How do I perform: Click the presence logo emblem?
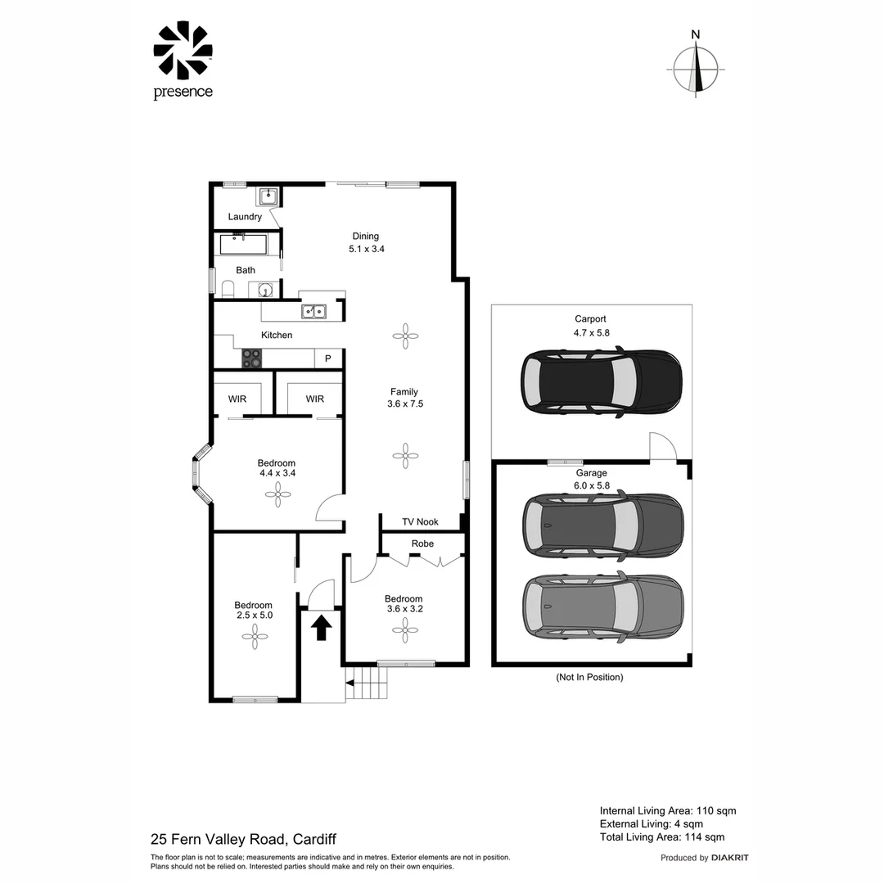coord(183,51)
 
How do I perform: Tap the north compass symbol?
coord(696,69)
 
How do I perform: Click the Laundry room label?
coord(245,217)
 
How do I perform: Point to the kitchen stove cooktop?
coord(251,358)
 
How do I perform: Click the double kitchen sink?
coord(313,311)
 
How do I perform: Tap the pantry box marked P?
coord(328,359)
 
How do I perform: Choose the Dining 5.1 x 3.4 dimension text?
coord(366,249)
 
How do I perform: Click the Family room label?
coord(404,391)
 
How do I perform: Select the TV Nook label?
coord(420,522)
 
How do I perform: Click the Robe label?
coord(422,543)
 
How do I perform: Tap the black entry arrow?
coord(321,628)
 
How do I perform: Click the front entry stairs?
coord(365,682)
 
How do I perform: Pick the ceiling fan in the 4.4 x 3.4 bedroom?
coord(276,491)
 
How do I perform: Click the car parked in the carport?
coord(602,381)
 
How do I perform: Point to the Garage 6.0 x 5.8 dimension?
coord(591,485)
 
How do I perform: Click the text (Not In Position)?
coord(589,677)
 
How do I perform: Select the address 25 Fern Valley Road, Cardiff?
coord(243,839)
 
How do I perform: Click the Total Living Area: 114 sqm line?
coord(661,837)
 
